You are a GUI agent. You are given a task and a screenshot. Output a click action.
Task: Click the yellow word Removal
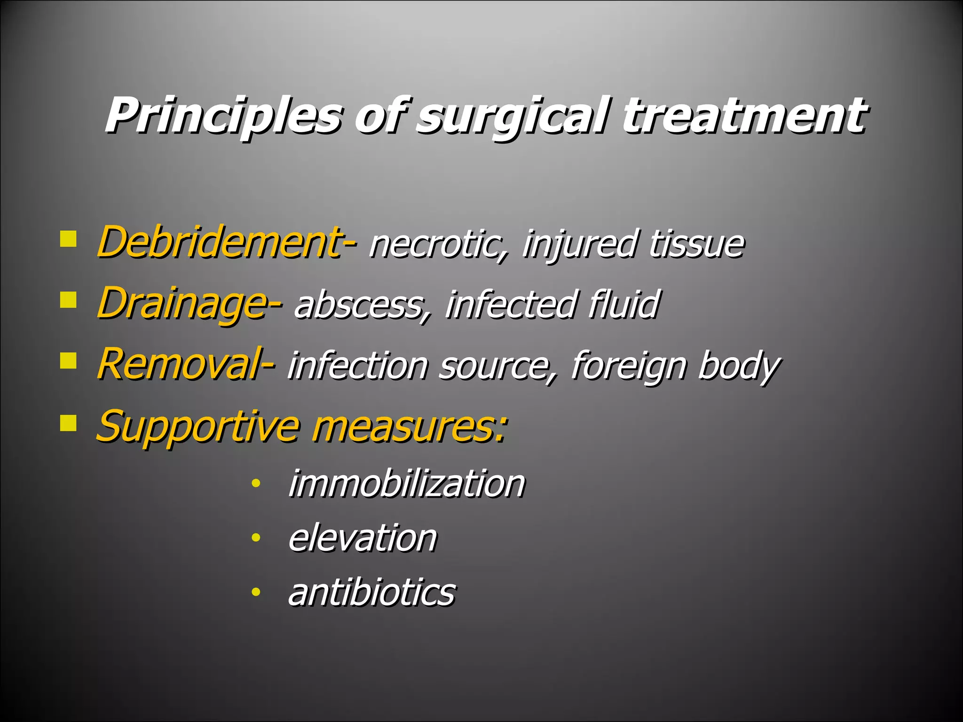pyautogui.click(x=179, y=365)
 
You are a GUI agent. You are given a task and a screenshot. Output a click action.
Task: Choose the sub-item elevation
pyautogui.click(x=363, y=538)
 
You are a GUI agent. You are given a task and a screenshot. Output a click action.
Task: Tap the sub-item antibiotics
pyautogui.click(x=371, y=592)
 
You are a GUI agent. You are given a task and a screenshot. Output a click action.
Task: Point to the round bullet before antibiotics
pyautogui.click(x=255, y=592)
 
